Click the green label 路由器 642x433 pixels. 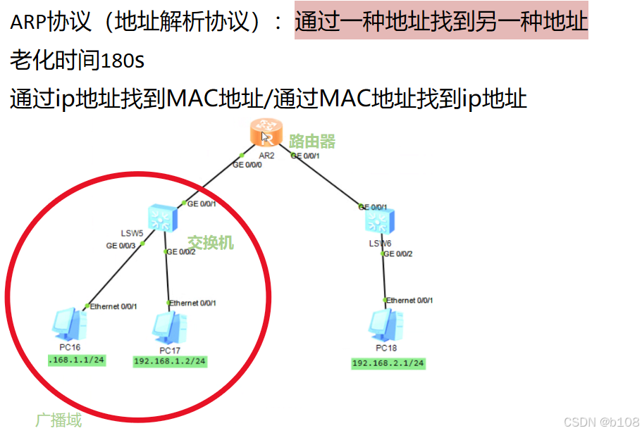[x=312, y=142]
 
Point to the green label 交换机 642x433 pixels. [x=210, y=243]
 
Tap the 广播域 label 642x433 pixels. [x=58, y=420]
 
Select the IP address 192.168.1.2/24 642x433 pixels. [x=170, y=361]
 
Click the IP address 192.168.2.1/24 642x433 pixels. [x=388, y=363]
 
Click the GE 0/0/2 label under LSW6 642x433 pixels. [x=397, y=253]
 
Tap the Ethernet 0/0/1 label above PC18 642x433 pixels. [x=409, y=301]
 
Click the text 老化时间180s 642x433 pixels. [x=77, y=61]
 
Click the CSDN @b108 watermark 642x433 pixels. [x=601, y=420]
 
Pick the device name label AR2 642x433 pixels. [x=266, y=155]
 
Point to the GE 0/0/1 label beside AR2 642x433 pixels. [x=305, y=156]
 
